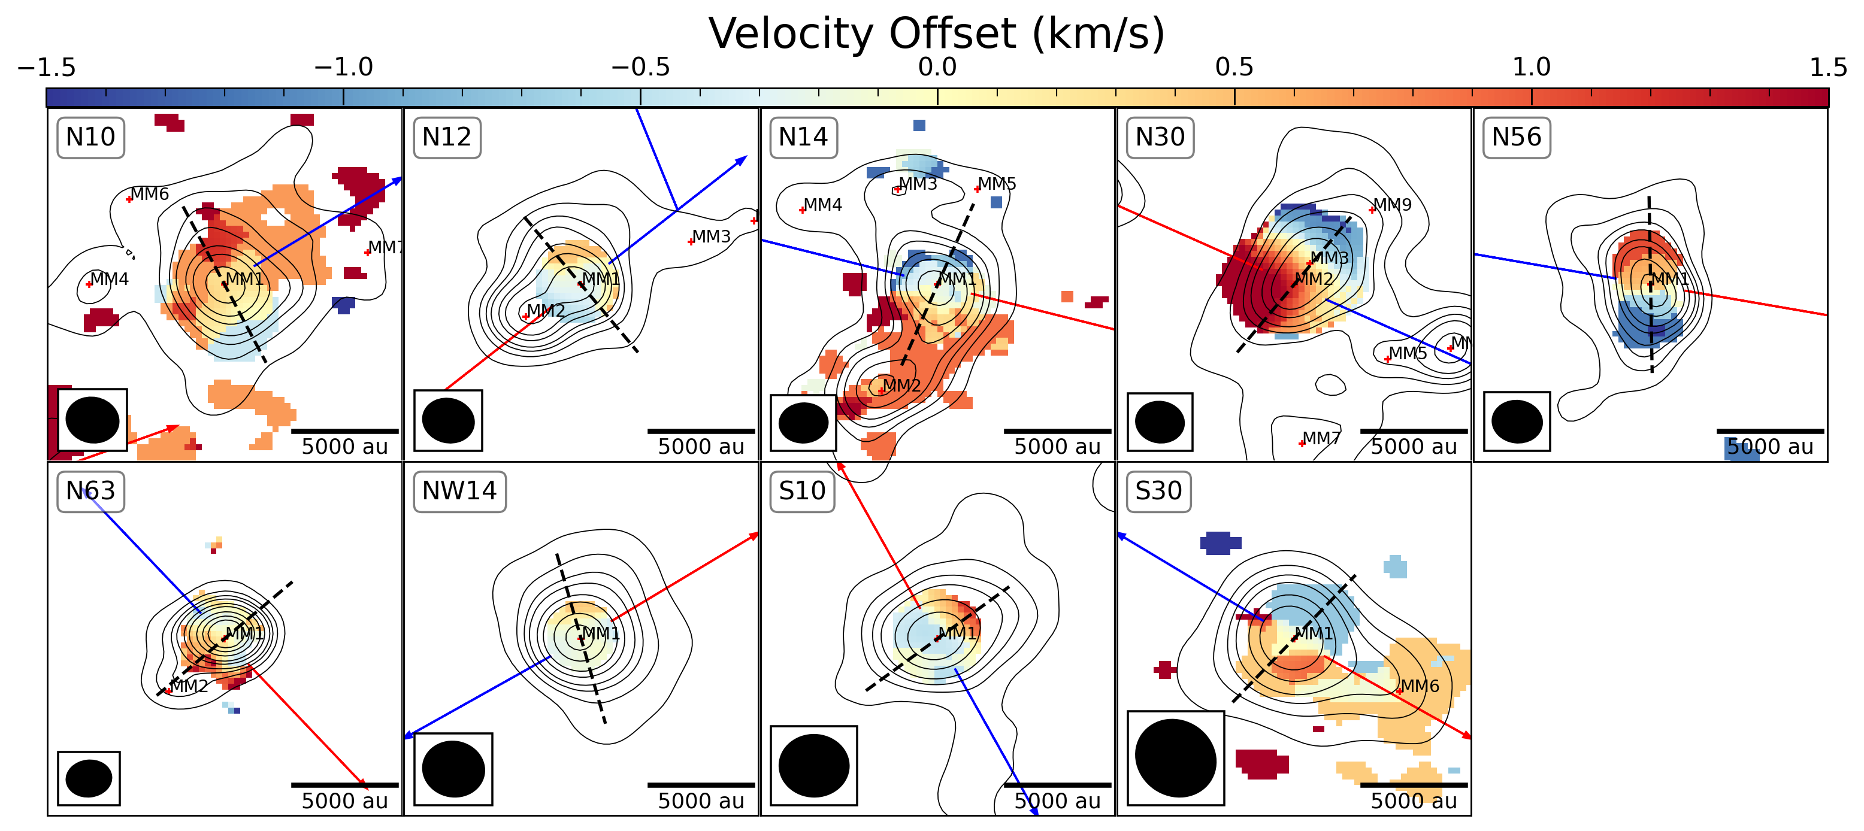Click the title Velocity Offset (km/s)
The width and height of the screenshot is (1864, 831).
(936, 34)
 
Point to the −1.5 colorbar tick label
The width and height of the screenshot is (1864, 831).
(46, 67)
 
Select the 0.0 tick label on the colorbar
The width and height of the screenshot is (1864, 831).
(937, 67)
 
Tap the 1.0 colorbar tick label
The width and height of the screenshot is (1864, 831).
(1531, 67)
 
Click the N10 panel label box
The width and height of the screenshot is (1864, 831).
(90, 137)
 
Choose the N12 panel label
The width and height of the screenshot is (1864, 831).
(446, 137)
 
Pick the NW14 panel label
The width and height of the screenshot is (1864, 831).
(459, 491)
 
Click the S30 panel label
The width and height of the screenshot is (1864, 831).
(1158, 491)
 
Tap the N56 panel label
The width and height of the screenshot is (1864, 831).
(1516, 137)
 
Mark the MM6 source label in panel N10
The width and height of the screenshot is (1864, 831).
(150, 194)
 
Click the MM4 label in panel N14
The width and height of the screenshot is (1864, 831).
(823, 205)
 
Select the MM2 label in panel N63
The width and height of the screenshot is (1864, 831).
(190, 686)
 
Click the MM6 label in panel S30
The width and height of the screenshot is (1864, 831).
(1420, 686)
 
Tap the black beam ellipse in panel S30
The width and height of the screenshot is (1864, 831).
(1176, 757)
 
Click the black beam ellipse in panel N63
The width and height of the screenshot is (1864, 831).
(89, 778)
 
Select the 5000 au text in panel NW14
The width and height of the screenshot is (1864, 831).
(700, 800)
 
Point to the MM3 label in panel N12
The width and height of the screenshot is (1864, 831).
(712, 236)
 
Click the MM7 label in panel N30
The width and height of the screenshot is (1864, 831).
(1321, 438)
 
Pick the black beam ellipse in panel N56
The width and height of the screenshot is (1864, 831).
(1517, 421)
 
